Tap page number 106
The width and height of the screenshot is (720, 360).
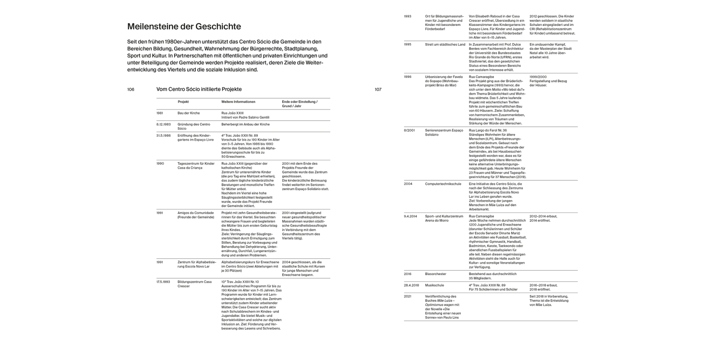pyautogui.click(x=131, y=89)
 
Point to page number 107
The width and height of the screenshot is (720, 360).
pyautogui.click(x=378, y=89)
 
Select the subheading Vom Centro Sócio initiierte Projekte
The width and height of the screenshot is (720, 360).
pyautogui.click(x=199, y=89)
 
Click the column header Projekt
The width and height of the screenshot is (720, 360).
pyautogui.click(x=183, y=102)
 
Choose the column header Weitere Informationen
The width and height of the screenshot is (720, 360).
pyautogui.click(x=238, y=102)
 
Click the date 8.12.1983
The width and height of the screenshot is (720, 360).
pyautogui.click(x=163, y=124)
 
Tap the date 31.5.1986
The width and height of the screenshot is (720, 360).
pyautogui.click(x=163, y=136)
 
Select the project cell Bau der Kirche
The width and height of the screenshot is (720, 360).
pyautogui.click(x=188, y=113)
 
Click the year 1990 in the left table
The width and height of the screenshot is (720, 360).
pyautogui.click(x=160, y=163)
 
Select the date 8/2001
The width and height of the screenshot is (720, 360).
pyautogui.click(x=409, y=130)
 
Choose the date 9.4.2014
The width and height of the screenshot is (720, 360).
pyautogui.click(x=410, y=216)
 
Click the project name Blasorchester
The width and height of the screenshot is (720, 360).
pyautogui.click(x=435, y=274)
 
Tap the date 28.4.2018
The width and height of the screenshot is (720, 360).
pyautogui.click(x=411, y=285)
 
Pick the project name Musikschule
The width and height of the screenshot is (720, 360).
pyautogui.click(x=434, y=285)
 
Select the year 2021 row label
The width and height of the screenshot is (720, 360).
pyautogui.click(x=408, y=296)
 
